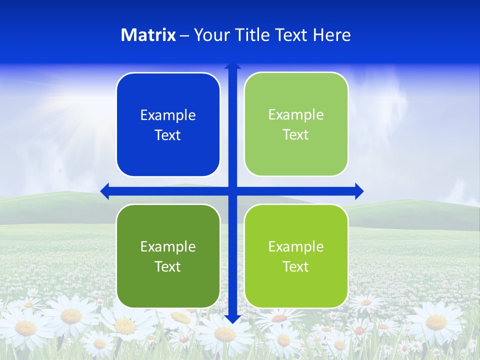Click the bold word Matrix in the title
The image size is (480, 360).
[x=148, y=35]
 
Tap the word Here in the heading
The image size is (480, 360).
[x=332, y=35]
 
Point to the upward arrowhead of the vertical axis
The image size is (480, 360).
[x=232, y=65]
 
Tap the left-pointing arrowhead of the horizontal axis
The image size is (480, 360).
[x=104, y=191]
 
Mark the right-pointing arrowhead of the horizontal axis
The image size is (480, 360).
[x=359, y=191]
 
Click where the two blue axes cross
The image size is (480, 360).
[x=232, y=191]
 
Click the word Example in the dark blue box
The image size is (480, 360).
[x=168, y=115]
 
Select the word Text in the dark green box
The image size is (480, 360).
[x=168, y=266]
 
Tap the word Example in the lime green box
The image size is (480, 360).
[x=296, y=246]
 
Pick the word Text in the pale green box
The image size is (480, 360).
[x=296, y=135]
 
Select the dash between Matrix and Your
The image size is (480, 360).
[x=184, y=36]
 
